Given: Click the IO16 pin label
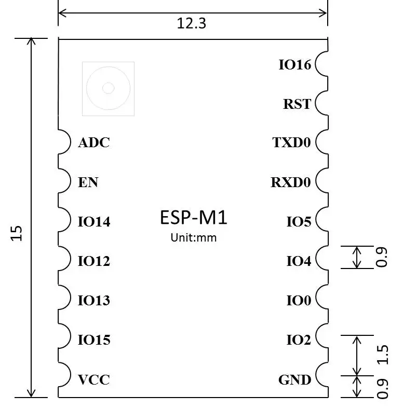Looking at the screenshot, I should click(294, 65).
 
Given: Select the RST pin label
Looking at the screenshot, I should click(297, 104).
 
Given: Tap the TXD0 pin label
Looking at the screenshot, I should click(291, 143).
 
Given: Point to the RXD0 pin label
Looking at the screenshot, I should click(290, 182).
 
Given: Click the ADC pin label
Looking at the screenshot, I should click(94, 143).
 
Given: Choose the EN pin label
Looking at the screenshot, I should click(88, 182).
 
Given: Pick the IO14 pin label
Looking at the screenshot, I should click(94, 222).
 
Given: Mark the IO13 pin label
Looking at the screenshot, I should click(94, 301).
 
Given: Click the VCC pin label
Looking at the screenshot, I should click(94, 380).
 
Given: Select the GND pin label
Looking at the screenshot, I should click(294, 380).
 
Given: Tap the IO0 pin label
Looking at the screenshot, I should click(299, 301).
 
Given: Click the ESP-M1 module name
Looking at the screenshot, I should click(193, 217).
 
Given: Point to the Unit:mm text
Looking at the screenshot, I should click(193, 238).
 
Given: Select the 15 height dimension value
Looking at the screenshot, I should click(17, 233).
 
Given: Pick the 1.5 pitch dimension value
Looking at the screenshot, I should click(382, 355).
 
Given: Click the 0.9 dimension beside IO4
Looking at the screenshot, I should click(382, 257).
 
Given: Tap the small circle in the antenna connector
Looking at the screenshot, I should click(108, 88).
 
